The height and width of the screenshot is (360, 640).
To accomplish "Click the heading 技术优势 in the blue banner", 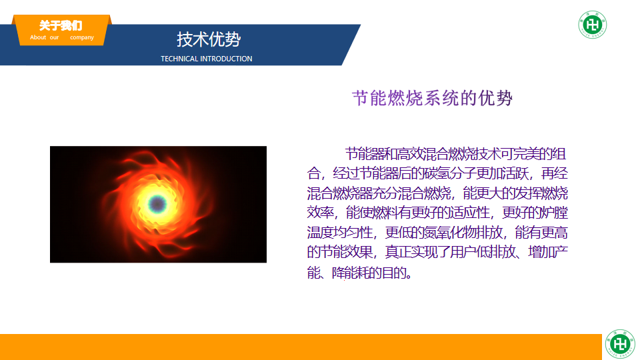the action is [209, 39].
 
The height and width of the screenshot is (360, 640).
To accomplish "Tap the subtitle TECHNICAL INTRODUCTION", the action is [207, 59].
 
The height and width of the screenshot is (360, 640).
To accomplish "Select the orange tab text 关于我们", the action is [61, 26].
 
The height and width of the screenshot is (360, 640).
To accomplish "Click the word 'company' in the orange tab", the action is [82, 37].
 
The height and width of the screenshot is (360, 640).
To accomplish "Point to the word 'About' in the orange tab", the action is [38, 37].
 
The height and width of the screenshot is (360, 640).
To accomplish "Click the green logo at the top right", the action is [593, 25].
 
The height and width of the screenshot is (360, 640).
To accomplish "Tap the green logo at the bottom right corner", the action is [620, 344].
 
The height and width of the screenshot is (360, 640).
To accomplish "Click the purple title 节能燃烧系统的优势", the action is [432, 99].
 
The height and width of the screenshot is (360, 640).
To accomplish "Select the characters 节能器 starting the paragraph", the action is [365, 154].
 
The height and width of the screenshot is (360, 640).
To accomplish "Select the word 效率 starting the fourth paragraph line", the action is [320, 213].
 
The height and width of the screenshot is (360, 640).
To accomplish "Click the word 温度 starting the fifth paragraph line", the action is [320, 233].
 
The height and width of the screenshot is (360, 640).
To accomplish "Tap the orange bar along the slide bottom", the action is [301, 347].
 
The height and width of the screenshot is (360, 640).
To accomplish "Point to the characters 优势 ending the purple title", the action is [495, 99].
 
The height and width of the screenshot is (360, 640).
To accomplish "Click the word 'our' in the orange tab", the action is [54, 37].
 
